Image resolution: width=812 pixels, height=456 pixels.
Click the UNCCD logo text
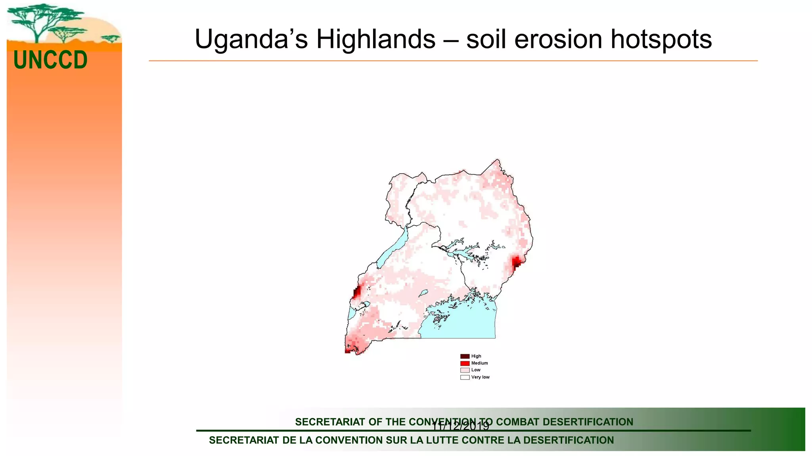pyautogui.click(x=50, y=60)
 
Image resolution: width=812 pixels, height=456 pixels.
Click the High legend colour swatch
pyautogui.click(x=465, y=356)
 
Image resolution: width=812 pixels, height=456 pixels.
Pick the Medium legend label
pyautogui.click(x=479, y=363)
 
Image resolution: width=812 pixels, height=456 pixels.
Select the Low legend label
pyautogui.click(x=476, y=370)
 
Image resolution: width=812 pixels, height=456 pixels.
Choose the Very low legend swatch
pyautogui.click(x=465, y=377)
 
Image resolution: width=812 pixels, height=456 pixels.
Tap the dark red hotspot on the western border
pyautogui.click(x=356, y=293)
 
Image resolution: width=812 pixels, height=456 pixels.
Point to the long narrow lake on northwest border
pyautogui.click(x=393, y=249)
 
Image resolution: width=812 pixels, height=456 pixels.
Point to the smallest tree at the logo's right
pyautogui.click(x=111, y=38)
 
